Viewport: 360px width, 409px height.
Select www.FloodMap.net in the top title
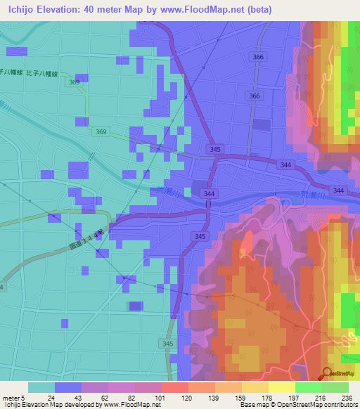tap(210, 9)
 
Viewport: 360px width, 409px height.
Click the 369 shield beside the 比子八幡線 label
tap(74, 82)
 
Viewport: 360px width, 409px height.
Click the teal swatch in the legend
tap(41, 387)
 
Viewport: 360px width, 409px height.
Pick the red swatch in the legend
tap(174, 387)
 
